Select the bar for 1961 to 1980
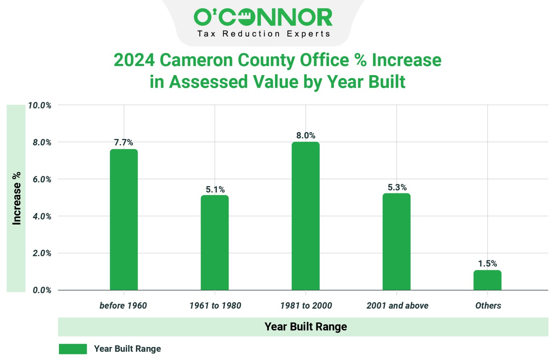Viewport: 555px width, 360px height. point(215,243)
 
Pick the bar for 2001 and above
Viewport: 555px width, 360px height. point(396,242)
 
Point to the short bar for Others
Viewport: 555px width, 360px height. point(487,280)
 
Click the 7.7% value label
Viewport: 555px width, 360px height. point(124,142)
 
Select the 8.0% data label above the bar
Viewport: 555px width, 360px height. point(306,135)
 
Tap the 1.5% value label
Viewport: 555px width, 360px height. point(487,264)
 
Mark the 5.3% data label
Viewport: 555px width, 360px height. point(397,187)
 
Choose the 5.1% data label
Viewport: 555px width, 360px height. point(215,190)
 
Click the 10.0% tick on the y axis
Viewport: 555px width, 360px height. point(40,105)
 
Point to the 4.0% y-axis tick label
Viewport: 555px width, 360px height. point(42,216)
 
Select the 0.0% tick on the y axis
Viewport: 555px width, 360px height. point(42,290)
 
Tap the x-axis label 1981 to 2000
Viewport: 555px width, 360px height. point(306,305)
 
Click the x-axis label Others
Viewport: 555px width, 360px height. point(488,305)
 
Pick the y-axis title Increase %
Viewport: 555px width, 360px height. point(17,198)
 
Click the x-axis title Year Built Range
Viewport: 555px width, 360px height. point(306,327)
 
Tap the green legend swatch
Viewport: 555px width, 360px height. point(73,349)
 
